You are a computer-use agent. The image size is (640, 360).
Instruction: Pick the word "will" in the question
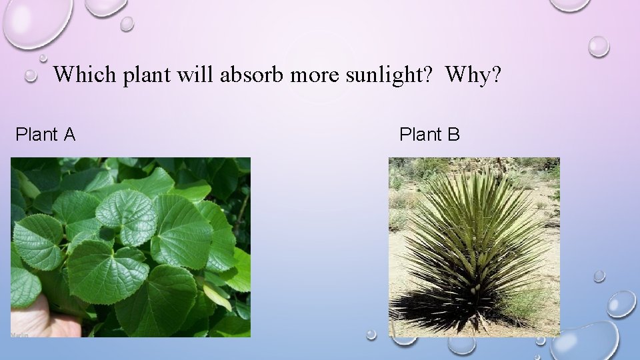(193, 74)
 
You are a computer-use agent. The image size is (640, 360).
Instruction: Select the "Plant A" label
(45, 135)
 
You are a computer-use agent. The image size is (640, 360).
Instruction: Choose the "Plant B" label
(429, 135)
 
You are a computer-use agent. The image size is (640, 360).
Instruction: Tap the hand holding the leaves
(40, 317)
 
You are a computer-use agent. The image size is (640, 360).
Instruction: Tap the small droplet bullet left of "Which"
(31, 76)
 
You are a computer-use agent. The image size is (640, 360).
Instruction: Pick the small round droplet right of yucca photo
(599, 275)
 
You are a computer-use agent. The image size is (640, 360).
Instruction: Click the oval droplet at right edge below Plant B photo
(621, 303)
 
